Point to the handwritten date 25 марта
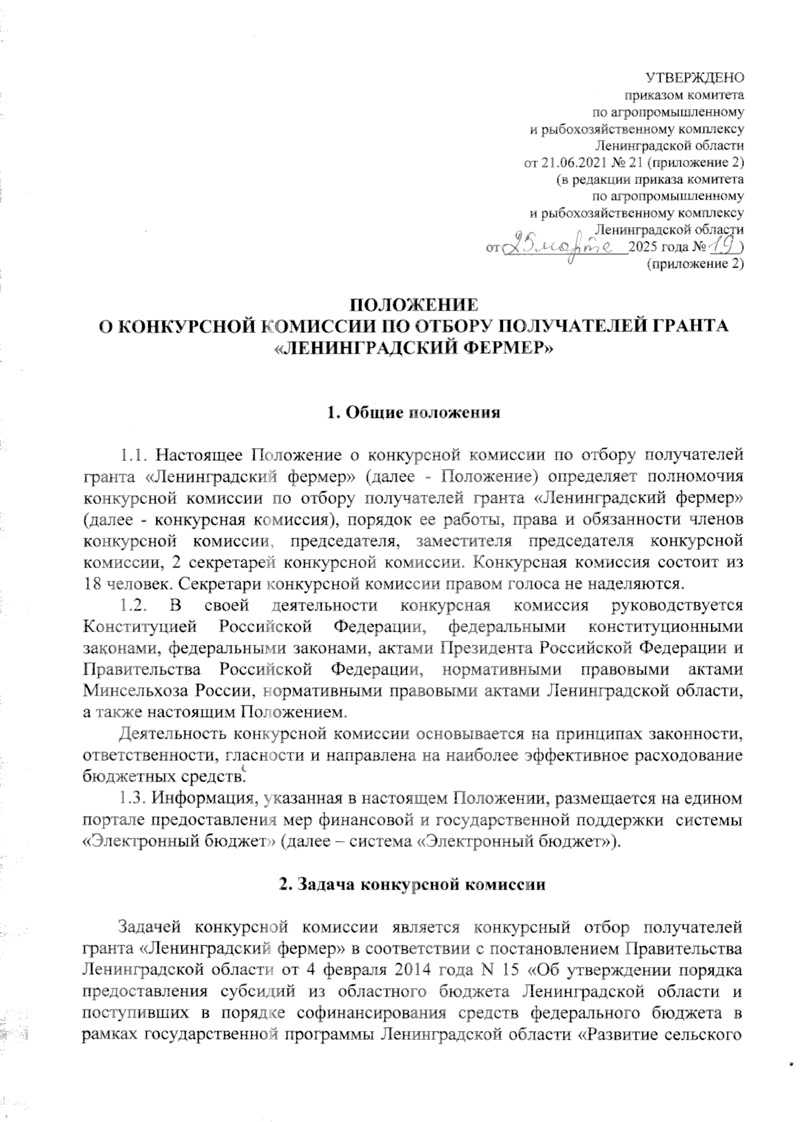point(566,247)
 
